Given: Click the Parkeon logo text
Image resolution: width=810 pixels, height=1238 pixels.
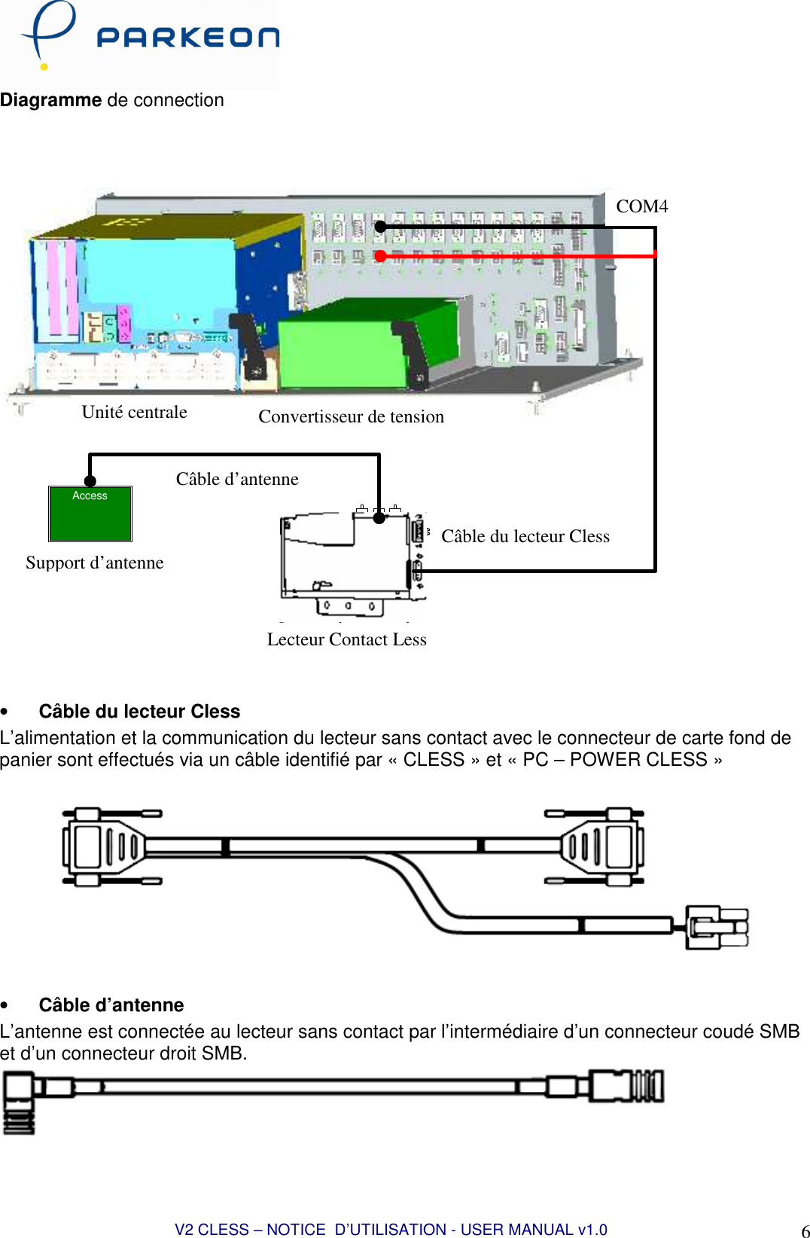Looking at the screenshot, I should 187,38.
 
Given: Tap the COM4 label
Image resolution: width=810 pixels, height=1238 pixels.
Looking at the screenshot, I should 641,206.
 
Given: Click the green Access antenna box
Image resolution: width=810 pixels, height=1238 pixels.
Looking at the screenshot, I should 90,515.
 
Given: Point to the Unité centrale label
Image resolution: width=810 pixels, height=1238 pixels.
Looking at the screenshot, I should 134,412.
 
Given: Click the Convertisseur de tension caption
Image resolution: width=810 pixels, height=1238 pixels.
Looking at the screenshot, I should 351,416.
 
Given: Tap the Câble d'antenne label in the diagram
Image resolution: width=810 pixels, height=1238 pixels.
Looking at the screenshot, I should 237,479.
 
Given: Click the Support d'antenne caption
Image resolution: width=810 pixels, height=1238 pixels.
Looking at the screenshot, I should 94,563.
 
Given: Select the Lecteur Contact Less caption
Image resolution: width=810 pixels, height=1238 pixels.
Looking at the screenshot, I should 346,639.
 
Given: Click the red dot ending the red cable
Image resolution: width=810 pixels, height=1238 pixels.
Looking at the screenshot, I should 380,256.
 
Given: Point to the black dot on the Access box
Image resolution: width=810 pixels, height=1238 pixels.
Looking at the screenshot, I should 90,481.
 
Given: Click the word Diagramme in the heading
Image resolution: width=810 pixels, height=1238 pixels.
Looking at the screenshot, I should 50,100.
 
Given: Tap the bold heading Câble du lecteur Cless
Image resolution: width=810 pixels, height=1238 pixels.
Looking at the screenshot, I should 139,711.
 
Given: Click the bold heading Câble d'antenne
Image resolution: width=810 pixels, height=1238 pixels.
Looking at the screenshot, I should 111,1005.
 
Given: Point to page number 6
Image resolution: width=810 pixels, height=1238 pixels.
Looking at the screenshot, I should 805,1230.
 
